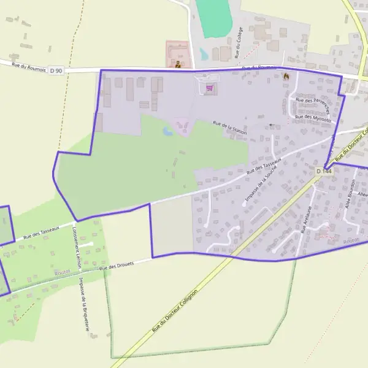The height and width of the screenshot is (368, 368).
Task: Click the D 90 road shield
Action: pyautogui.click(x=56, y=71)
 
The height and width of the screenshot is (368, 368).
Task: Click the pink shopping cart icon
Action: pyautogui.click(x=210, y=88)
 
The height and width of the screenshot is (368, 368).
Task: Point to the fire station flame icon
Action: pyautogui.click(x=285, y=76)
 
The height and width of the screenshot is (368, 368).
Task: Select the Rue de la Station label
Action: pyautogui.click(x=229, y=128)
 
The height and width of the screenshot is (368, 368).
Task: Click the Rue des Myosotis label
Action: pyautogui.click(x=313, y=117)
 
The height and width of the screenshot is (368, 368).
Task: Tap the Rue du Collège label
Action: pyautogui.click(x=239, y=41)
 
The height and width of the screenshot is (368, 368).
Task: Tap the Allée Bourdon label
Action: pyautogui.click(x=351, y=196)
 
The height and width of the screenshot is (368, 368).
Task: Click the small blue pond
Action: pyautogui.click(x=167, y=131)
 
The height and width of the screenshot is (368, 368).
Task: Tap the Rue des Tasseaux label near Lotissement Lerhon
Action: pyautogui.click(x=40, y=231)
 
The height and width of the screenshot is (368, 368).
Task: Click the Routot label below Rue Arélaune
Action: pyautogui.click(x=351, y=242)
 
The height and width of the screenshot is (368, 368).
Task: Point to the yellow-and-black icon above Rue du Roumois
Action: pyautogui.click(x=178, y=63)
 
